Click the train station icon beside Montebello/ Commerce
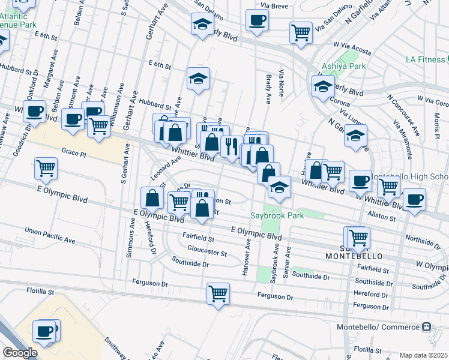point(427,327)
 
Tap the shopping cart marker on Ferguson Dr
point(218,294)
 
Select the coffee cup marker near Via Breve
point(257,20)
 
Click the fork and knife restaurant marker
point(231,145)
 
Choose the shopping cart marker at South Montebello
point(358,237)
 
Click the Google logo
point(20,353)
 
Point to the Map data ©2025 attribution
point(423,355)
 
